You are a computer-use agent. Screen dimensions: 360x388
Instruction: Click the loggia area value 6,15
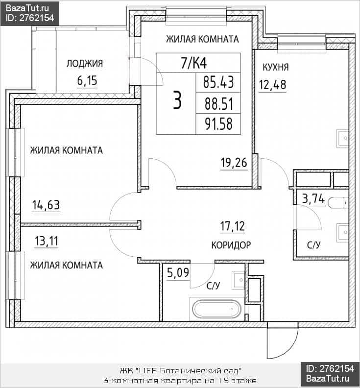87,80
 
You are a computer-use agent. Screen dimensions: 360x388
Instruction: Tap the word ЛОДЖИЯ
85,63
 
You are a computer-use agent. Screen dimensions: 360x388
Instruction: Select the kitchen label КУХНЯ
275,67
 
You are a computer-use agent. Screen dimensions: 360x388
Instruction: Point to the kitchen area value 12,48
272,85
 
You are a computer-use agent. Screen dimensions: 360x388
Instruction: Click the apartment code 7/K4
194,63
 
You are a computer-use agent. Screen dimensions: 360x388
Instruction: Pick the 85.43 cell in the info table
218,82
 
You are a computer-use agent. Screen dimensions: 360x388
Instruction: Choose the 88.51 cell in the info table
218,103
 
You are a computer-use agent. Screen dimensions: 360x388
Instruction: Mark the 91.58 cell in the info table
218,124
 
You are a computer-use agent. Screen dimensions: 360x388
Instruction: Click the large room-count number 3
177,100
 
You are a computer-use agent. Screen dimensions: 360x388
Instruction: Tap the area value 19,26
234,163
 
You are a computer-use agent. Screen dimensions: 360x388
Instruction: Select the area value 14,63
46,205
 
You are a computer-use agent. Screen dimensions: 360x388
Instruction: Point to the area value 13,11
47,241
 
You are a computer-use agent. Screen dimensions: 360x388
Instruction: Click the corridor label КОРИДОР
231,245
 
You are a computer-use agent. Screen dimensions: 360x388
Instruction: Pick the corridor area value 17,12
232,226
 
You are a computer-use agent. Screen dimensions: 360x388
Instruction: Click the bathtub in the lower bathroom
217,309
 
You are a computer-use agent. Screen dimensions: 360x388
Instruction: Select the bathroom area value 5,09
178,273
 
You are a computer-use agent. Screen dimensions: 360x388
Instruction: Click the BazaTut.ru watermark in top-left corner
29,13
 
